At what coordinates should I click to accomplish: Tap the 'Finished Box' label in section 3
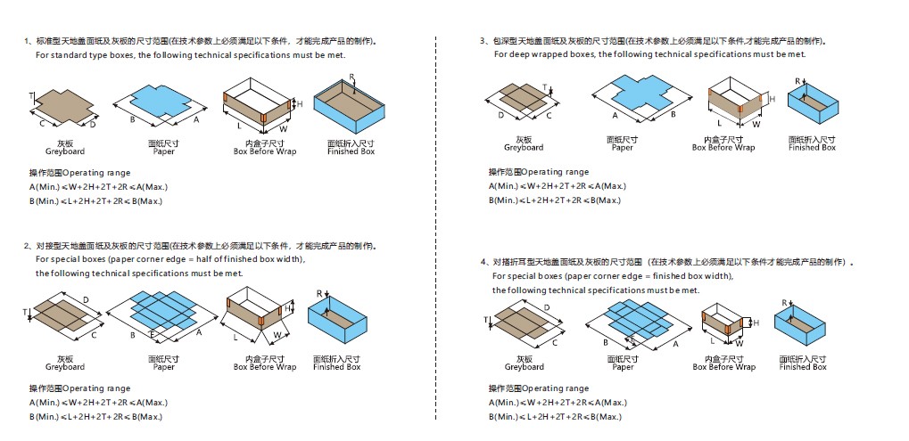(x=812, y=147)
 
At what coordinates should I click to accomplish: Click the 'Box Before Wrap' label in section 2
(x=265, y=367)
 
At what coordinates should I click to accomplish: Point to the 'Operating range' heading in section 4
(x=539, y=388)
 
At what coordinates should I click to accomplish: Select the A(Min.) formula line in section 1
(x=98, y=186)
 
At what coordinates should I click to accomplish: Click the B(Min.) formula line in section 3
(x=554, y=200)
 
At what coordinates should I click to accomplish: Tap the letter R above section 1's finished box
(x=352, y=78)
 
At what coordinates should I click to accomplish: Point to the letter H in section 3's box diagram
(x=773, y=98)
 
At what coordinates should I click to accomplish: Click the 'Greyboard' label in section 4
(x=524, y=367)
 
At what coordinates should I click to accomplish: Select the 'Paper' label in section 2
(x=164, y=367)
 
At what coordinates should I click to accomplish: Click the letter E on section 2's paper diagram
(x=153, y=334)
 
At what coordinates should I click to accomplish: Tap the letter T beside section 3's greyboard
(x=545, y=87)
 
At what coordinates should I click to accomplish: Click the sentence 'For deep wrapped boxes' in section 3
(x=649, y=54)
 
